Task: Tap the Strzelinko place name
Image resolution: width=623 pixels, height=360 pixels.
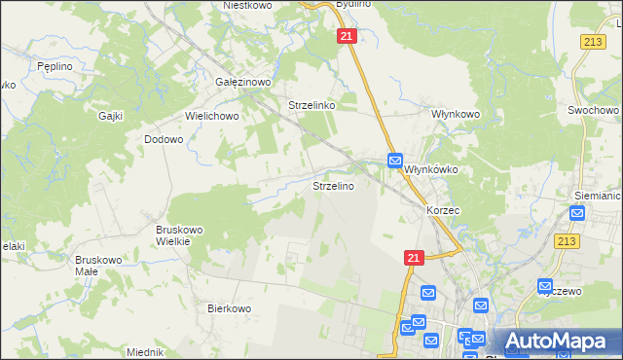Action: (x=311, y=105)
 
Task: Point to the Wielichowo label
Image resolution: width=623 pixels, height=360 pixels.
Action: (x=212, y=115)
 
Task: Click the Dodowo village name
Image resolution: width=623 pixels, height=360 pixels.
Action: (x=164, y=139)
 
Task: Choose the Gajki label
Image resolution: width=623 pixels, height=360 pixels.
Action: (x=109, y=115)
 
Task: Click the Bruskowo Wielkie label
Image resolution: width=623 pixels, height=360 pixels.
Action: (x=179, y=236)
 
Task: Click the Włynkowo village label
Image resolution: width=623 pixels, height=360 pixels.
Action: (x=457, y=114)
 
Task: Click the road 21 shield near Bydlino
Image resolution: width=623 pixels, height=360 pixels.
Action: (x=348, y=36)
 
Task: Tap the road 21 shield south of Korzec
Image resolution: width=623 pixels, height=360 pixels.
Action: (x=414, y=257)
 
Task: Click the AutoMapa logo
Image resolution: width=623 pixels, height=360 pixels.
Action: (x=560, y=341)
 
